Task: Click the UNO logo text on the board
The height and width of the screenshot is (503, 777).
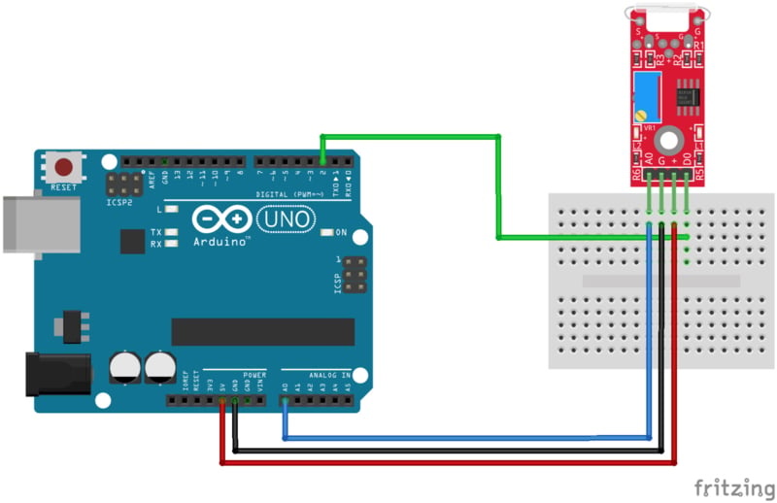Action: pos(290,219)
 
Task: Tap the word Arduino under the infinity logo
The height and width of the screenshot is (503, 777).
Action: pos(221,241)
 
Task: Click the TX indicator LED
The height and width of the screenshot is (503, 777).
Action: pos(172,232)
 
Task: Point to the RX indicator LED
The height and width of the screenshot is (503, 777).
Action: pos(172,244)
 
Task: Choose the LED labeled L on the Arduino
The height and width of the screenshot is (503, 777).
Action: pos(172,209)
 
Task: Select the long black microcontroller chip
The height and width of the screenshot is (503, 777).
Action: pos(261,330)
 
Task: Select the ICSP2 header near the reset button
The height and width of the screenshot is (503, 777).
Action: pos(124,184)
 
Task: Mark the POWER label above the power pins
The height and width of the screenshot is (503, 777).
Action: pos(253,374)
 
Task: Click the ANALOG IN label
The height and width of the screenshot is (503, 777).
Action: pos(331,374)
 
